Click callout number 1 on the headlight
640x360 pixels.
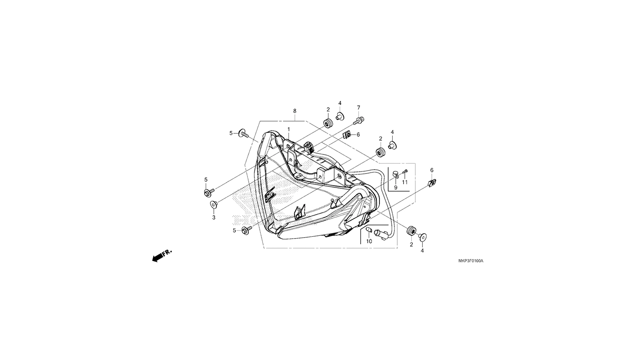pyautogui.click(x=289, y=129)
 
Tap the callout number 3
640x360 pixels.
pyautogui.click(x=214, y=217)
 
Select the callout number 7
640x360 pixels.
pyautogui.click(x=358, y=107)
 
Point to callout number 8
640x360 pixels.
pyautogui.click(x=295, y=111)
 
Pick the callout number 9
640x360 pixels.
pyautogui.click(x=396, y=187)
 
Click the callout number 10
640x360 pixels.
pyautogui.click(x=369, y=241)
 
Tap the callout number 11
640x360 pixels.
pyautogui.click(x=405, y=182)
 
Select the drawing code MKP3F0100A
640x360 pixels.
pyautogui.click(x=470, y=261)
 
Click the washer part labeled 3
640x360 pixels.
pyautogui.click(x=214, y=204)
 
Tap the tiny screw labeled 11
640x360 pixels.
pyautogui.click(x=405, y=172)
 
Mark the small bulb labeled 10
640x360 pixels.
pyautogui.click(x=369, y=229)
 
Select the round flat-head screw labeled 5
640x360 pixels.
pyautogui.click(x=244, y=133)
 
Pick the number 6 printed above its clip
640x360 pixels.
pyautogui.click(x=432, y=170)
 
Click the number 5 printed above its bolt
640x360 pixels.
pyautogui.click(x=206, y=180)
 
